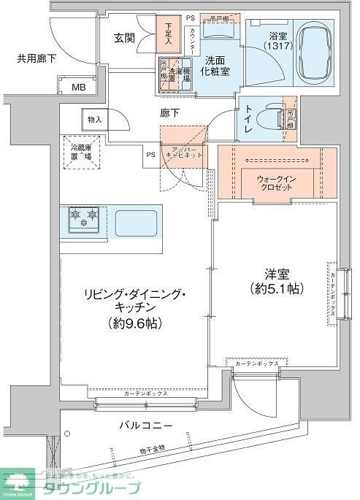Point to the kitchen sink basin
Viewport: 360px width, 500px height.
pos(137,220)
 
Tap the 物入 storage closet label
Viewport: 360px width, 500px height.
pos(95,118)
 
